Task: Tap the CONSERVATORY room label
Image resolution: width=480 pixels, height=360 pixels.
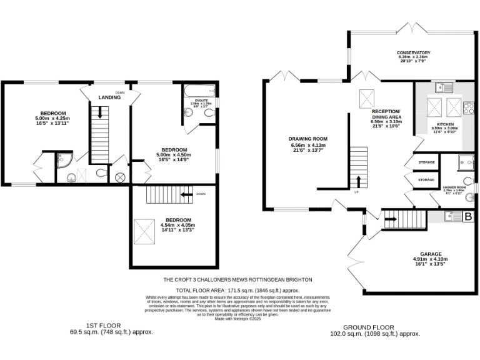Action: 413,53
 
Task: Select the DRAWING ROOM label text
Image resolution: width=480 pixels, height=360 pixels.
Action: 307,139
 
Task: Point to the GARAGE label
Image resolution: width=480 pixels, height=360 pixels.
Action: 431,254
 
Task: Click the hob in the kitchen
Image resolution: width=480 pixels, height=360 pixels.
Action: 467,108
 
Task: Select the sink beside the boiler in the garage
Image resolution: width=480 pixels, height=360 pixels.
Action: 451,217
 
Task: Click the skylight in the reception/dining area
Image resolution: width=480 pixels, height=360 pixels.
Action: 366,99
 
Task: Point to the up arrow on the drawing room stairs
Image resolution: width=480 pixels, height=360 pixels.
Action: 359,182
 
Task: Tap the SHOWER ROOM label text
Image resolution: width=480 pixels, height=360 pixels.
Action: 454,187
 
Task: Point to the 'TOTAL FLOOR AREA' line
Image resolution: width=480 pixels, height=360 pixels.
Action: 237,291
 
